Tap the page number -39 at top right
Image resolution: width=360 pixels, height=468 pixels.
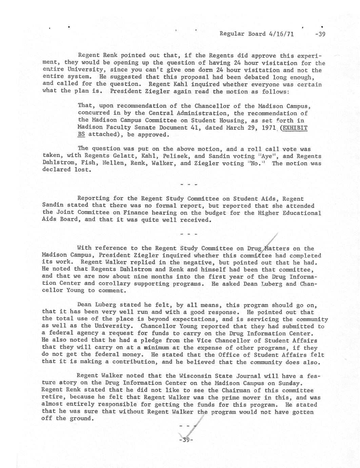pos(320,34)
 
